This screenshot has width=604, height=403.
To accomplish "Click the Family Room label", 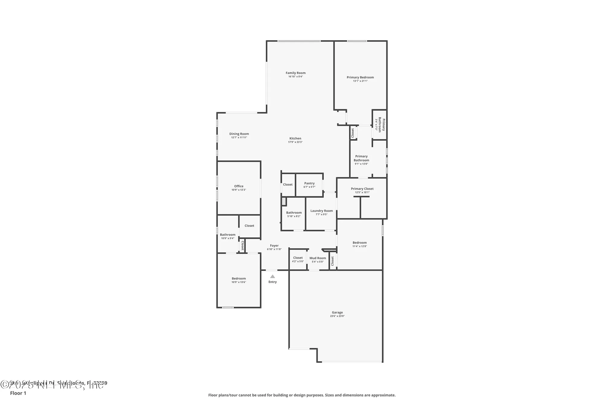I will point(295,73).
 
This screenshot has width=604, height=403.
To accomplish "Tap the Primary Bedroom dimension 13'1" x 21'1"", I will point(360,81).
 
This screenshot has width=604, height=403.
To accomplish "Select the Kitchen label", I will point(295,138).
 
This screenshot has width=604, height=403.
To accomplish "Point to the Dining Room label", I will point(239,134).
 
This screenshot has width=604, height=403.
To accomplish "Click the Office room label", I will point(239,186).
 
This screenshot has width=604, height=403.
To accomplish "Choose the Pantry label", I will point(309,183).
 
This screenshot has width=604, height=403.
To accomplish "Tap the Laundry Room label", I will point(321,211).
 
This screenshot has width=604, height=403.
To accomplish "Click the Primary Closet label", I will point(362,189).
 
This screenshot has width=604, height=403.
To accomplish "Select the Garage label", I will point(337,312).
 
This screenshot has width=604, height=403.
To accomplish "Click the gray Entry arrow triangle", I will point(272,276).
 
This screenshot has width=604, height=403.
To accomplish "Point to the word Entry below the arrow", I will point(272,282).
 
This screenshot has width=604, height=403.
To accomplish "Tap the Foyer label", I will point(274,246).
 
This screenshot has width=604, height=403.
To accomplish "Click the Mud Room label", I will point(317,258).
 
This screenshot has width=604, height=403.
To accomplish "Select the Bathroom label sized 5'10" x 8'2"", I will point(294,213).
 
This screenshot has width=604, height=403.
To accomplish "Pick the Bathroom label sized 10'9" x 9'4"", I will point(227,235).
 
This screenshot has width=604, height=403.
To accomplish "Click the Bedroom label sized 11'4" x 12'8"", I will point(359,242).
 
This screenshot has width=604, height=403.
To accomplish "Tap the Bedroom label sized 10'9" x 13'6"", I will point(239,278).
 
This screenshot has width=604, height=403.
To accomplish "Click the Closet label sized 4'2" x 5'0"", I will point(298,258).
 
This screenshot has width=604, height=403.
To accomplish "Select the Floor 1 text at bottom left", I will point(18,393).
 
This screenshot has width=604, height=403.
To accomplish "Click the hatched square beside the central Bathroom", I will point(284,202).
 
